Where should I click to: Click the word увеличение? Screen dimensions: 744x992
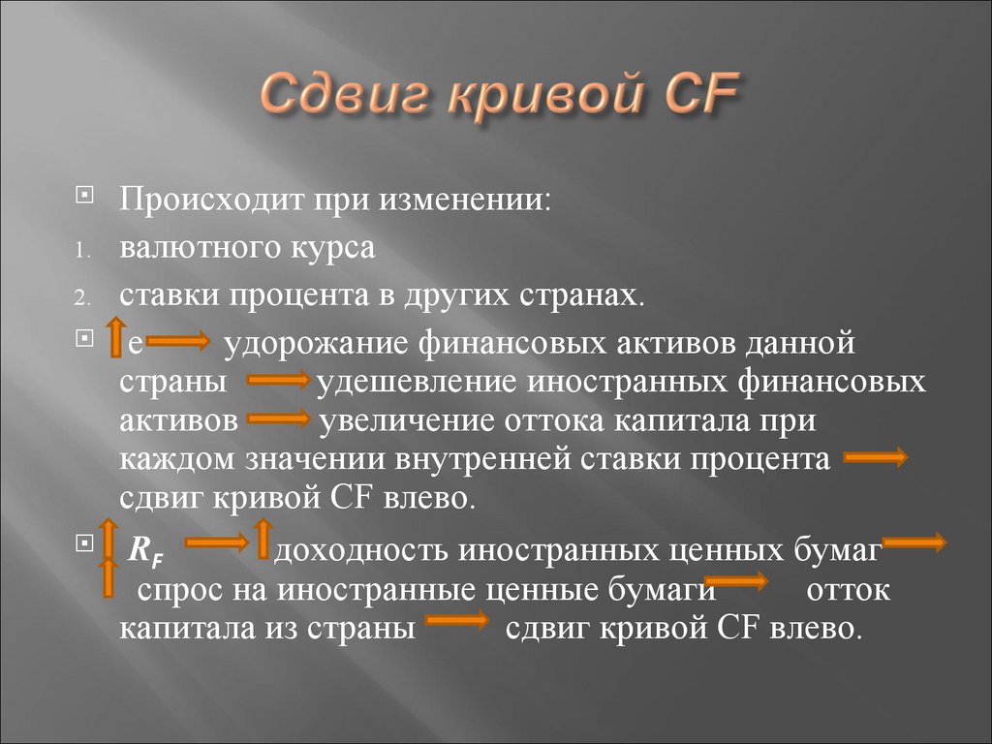pyautogui.click(x=404, y=421)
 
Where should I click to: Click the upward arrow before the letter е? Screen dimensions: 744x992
pyautogui.click(x=114, y=337)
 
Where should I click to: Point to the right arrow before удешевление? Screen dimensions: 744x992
pyautogui.click(x=279, y=384)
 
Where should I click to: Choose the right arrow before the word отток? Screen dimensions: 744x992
pyautogui.click(x=742, y=583)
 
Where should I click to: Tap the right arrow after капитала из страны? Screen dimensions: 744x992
pyautogui.click(x=456, y=622)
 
